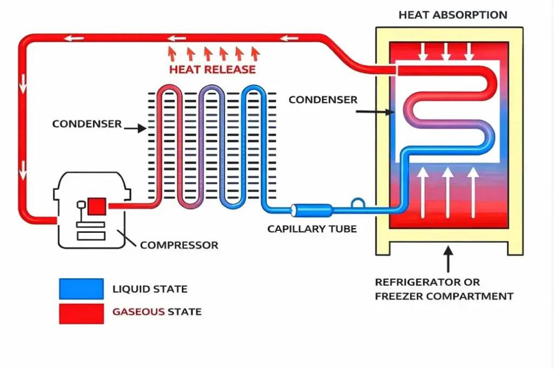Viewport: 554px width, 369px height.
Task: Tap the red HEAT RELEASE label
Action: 213,70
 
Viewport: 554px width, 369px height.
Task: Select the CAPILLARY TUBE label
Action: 312,229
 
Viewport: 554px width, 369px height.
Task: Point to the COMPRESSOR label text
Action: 179,245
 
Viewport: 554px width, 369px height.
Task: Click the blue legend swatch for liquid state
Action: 81,289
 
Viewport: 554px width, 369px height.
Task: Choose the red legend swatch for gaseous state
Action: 81,313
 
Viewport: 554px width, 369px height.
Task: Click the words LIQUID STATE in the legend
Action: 150,289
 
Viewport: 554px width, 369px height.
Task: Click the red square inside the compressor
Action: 97,206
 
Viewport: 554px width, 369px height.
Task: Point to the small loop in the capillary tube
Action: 358,203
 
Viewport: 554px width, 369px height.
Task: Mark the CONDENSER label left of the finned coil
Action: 87,124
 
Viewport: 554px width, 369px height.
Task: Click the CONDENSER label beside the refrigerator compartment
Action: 323,100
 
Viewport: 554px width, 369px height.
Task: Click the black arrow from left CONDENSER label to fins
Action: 135,128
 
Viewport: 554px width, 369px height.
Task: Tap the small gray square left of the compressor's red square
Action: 81,205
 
